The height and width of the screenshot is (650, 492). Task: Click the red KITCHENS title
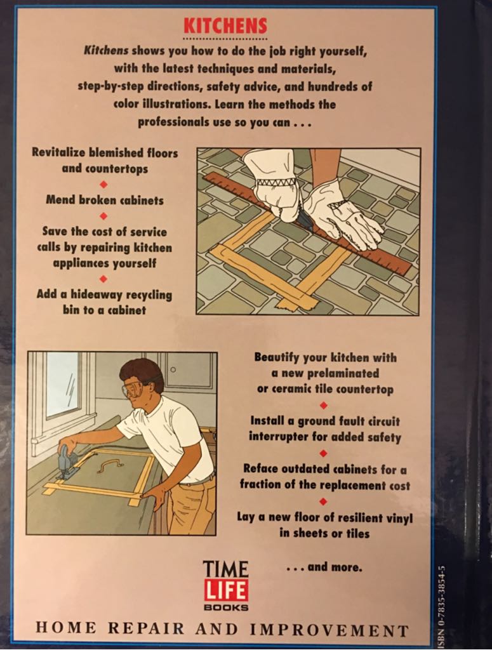225,26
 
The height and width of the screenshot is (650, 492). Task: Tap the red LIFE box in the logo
225,589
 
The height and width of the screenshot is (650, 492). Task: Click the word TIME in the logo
225,567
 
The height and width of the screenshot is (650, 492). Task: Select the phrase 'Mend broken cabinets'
105,200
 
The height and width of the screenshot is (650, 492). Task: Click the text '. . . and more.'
324,567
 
